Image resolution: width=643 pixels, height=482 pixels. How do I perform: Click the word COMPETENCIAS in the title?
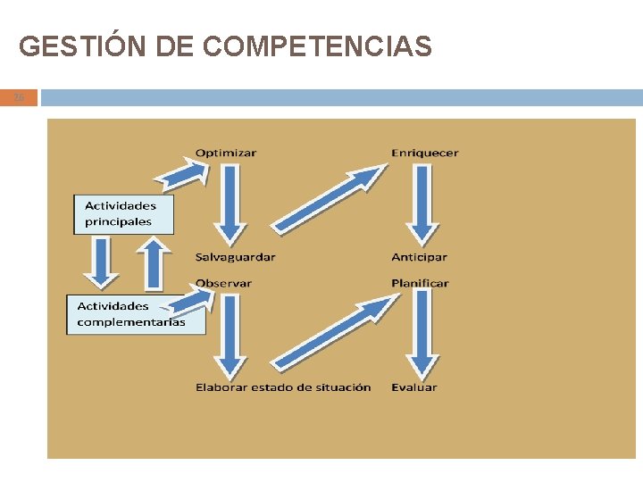(317, 46)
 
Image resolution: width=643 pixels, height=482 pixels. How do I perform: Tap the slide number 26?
(19, 97)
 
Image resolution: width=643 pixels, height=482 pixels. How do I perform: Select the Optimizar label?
(225, 153)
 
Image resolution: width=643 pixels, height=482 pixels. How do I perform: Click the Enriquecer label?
(424, 153)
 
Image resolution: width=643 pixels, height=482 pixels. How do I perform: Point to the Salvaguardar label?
(235, 257)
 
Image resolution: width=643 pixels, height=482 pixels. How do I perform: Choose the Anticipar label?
(419, 257)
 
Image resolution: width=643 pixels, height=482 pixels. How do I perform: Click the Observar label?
(223, 283)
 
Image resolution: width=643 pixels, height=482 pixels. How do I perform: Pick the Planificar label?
(420, 283)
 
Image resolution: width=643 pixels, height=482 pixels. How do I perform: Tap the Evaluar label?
(413, 387)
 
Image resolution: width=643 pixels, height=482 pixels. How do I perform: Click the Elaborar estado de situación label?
(283, 387)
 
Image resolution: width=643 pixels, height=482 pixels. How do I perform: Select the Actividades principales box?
(123, 214)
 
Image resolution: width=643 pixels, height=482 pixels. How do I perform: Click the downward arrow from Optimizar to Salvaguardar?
(230, 204)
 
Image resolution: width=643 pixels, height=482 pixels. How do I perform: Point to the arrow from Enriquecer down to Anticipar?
(422, 204)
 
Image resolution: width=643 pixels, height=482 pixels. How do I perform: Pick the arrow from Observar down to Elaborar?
(230, 335)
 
